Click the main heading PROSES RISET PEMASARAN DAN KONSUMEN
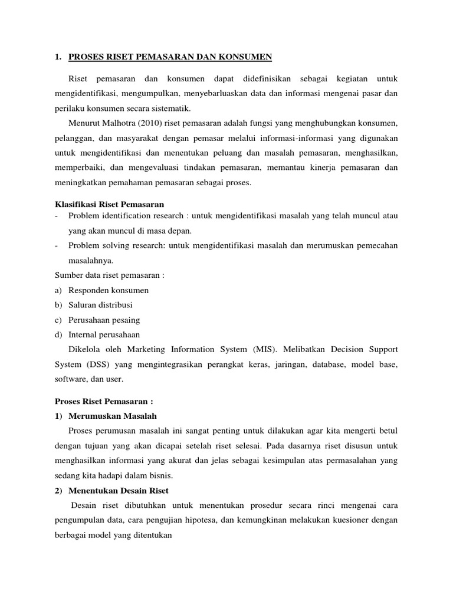click(x=170, y=57)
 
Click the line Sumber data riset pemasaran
click(x=109, y=275)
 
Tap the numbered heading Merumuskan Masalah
click(x=113, y=416)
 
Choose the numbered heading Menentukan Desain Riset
click(x=119, y=490)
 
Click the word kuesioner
click(x=355, y=520)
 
